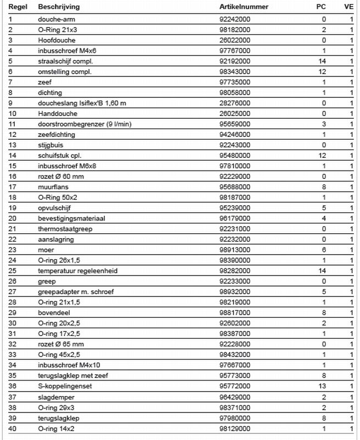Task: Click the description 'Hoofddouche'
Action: click(56, 40)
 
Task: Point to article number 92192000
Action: click(235, 61)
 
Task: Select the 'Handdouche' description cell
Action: click(55, 113)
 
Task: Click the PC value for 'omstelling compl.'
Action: click(323, 71)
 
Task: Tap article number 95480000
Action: click(235, 155)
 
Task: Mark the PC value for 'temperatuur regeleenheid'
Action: click(323, 271)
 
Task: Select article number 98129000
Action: click(235, 427)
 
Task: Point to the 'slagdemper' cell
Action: click(55, 396)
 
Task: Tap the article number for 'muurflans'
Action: click(235, 186)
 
